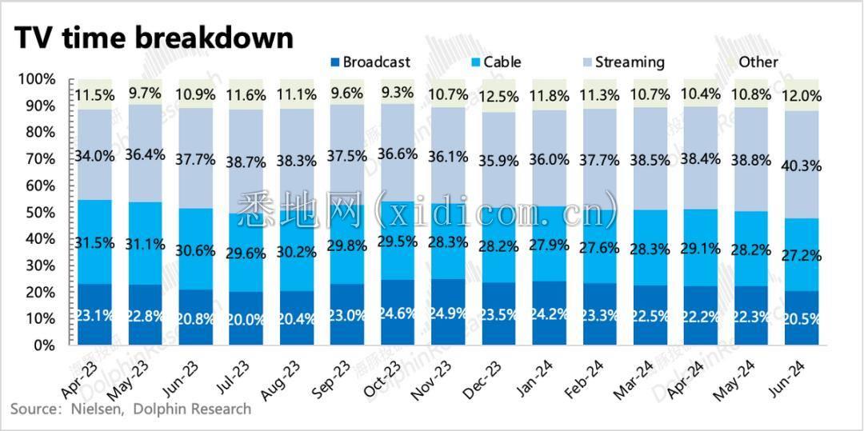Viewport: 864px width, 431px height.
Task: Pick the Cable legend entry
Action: coord(497,62)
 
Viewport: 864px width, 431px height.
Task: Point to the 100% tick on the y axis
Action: coord(35,79)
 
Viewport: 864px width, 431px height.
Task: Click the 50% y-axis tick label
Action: coord(38,212)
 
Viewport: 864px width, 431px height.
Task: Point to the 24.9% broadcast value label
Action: coord(454,313)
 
